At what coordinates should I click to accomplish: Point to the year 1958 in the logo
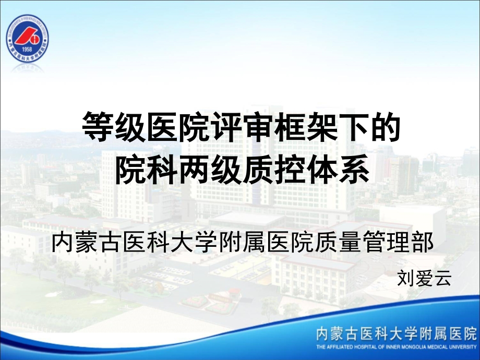(x=27, y=50)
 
